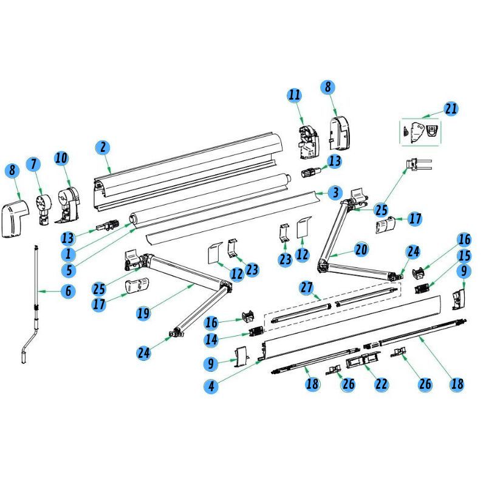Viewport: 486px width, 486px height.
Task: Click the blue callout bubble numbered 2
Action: (103, 146)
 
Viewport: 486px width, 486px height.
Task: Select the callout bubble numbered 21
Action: (451, 109)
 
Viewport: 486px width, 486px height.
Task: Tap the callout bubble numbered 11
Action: (295, 95)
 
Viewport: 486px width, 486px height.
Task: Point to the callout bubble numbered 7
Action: (33, 164)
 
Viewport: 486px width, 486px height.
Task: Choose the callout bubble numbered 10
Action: (61, 159)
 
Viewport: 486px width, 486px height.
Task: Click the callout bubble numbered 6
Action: (68, 292)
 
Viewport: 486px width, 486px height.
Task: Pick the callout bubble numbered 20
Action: (361, 249)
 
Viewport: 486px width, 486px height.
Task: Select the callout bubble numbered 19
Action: (143, 313)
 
